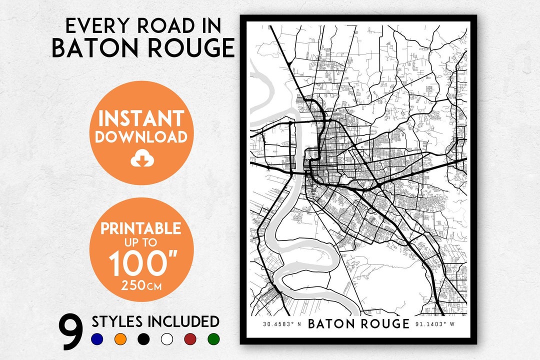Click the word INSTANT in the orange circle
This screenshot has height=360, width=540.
tap(141, 118)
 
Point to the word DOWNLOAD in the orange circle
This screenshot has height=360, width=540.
tap(141, 137)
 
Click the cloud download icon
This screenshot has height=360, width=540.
tap(140, 159)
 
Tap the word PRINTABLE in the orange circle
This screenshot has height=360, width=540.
tap(141, 228)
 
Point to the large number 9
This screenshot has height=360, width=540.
tap(71, 332)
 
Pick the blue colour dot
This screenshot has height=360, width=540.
tap(97, 339)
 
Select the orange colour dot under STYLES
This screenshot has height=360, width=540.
tap(120, 339)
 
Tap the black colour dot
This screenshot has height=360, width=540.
tap(144, 339)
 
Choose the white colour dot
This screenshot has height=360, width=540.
tap(167, 339)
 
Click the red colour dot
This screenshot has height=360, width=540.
tap(190, 339)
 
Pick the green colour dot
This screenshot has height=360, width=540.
tap(213, 339)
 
